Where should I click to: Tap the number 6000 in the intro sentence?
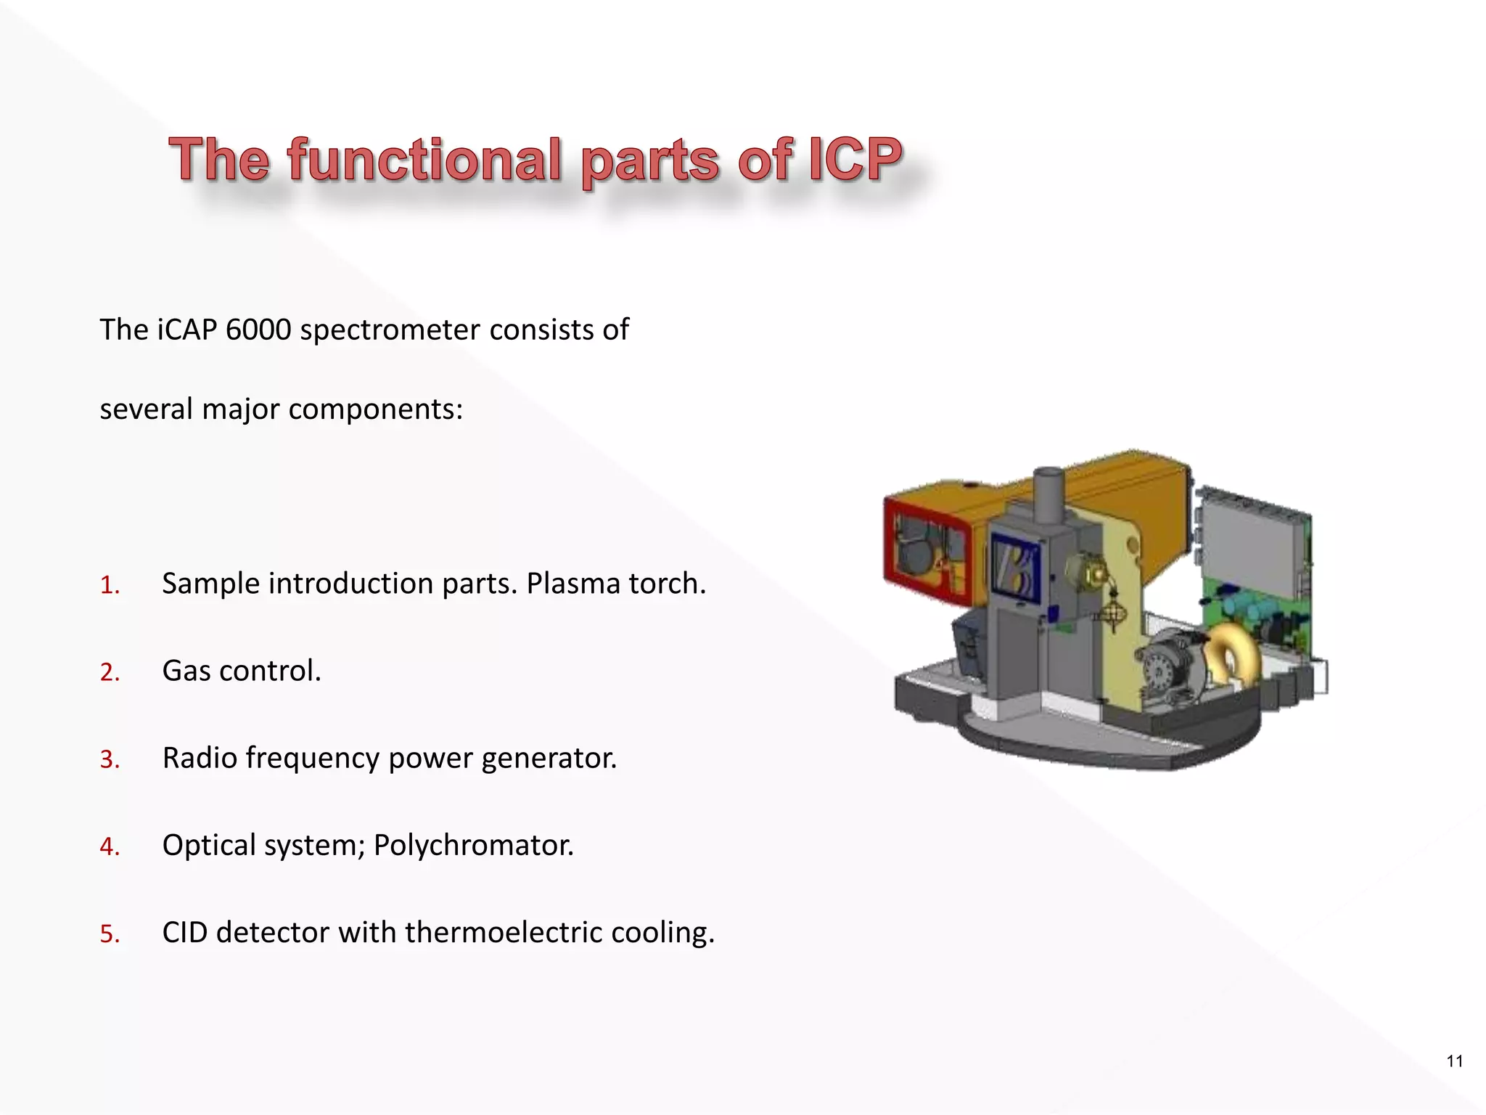tap(258, 330)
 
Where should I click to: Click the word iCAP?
tap(186, 330)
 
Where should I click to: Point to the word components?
tap(375, 409)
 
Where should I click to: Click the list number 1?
tap(110, 585)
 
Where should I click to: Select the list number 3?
tap(110, 759)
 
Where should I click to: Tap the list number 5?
tap(110, 934)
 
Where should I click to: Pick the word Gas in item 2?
tap(186, 671)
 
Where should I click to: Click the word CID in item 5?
tap(185, 933)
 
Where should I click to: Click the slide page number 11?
tap(1454, 1061)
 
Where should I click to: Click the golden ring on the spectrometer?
tap(1229, 659)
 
